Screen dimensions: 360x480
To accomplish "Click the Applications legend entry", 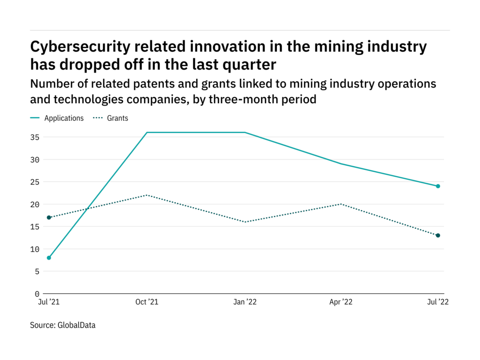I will click(64, 118).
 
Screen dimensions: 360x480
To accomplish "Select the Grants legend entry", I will click(117, 118).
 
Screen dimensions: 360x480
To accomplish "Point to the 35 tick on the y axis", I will click(35, 137).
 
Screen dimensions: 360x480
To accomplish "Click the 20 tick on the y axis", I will click(35, 204).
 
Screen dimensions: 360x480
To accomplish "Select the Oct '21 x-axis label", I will click(147, 302).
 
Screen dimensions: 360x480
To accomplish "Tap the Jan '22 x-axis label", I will click(245, 302).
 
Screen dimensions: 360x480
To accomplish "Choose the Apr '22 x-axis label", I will click(341, 302).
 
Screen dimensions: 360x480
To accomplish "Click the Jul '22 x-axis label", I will click(437, 302).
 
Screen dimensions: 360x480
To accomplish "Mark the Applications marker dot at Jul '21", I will click(49, 258).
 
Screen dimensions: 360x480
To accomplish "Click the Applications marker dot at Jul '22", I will click(438, 186).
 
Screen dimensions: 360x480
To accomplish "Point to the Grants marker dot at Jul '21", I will click(49, 217).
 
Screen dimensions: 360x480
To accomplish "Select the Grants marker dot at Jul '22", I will click(438, 236).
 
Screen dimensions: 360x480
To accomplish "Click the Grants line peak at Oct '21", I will click(147, 195).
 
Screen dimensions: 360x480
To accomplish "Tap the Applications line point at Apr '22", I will click(341, 164).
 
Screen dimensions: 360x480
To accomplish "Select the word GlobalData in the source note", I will click(76, 325).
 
